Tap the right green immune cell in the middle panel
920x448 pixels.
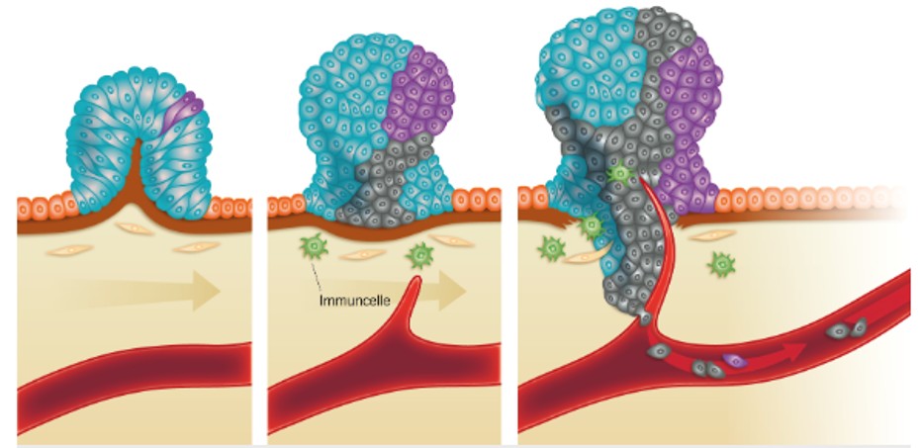[x=420, y=257]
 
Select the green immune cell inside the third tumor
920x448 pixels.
[x=620, y=176]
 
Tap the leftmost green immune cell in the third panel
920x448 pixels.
[x=550, y=246]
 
